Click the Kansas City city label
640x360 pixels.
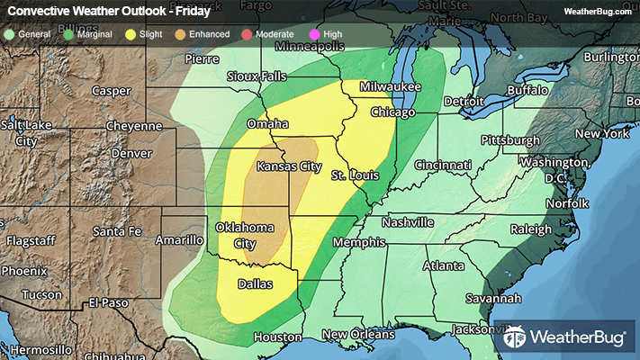click(289, 166)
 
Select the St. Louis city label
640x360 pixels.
click(352, 175)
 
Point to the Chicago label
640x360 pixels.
click(392, 112)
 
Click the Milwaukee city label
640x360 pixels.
click(391, 86)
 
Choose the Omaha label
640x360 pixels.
click(266, 123)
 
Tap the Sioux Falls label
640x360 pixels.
click(257, 76)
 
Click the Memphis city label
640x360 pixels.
click(358, 243)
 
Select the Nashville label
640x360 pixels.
click(407, 222)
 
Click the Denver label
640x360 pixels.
click(132, 153)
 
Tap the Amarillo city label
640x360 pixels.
click(179, 240)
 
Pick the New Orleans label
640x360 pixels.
click(358, 335)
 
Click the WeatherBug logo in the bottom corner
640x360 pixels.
click(566, 338)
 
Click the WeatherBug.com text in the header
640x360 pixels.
click(597, 12)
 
